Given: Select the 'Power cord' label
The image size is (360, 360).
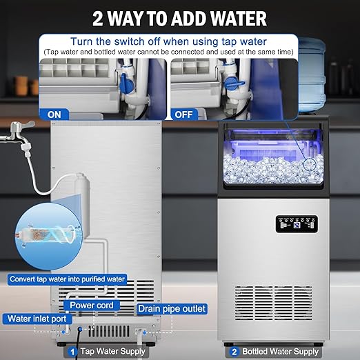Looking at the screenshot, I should point(91,305).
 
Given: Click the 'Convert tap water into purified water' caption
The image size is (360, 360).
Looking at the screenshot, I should point(68,279).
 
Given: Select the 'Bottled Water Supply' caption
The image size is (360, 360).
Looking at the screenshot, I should point(279,352).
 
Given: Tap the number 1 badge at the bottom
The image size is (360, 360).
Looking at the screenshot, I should point(71,352).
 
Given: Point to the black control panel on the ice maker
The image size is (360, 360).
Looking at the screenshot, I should point(297,226).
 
